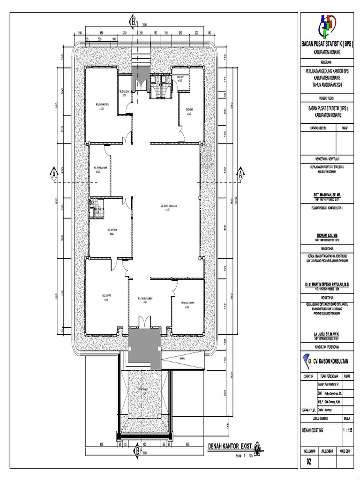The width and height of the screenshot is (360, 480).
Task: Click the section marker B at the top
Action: tap(133, 22)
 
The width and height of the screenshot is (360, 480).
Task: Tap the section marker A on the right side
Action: tap(240, 175)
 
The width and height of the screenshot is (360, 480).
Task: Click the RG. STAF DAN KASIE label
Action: tap(167, 206)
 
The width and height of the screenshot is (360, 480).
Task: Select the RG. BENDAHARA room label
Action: tap(100, 168)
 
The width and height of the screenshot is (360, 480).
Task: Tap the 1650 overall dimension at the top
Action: tap(145, 24)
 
